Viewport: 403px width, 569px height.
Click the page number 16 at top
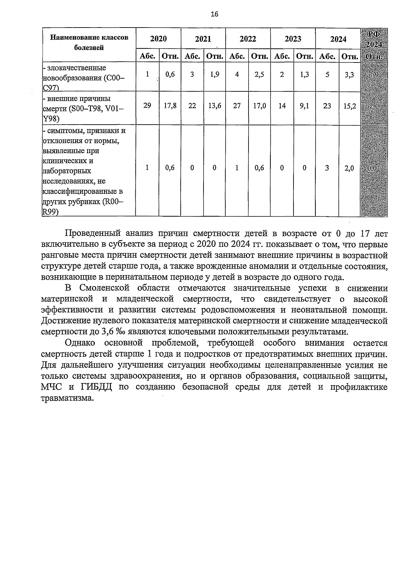click(214, 14)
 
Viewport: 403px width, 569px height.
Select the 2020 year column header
click(158, 39)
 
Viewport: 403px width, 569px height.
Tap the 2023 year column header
click(293, 39)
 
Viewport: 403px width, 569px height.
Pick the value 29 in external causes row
click(147, 106)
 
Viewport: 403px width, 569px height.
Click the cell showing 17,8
click(170, 106)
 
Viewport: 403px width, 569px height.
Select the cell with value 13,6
click(215, 106)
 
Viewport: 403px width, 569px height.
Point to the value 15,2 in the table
click(349, 106)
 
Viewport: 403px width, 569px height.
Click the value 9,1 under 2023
click(304, 106)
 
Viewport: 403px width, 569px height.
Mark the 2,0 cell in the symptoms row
click(349, 168)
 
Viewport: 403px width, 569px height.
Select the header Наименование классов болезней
click(89, 42)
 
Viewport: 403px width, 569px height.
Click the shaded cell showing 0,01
click(373, 168)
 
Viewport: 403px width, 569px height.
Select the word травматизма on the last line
click(66, 398)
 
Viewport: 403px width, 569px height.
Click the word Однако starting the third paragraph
click(80, 343)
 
